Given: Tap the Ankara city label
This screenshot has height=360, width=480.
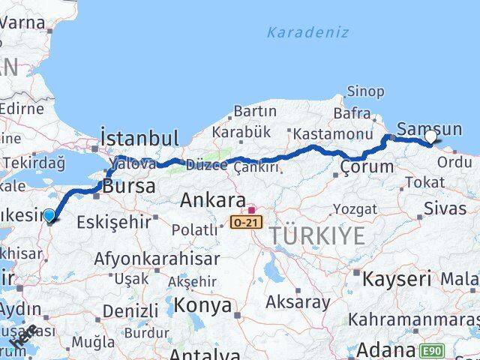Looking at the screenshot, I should point(213,202).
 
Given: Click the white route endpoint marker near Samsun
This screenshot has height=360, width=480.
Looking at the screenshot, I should point(431,136).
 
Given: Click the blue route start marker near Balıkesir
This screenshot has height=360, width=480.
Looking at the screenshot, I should point(49,216).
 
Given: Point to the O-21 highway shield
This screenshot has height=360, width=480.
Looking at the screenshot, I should point(247,222).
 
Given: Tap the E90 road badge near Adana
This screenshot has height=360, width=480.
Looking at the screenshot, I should point(432,350).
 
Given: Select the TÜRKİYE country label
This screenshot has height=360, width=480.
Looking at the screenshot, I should point(317,235).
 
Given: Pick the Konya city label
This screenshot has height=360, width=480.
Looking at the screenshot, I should point(202,305).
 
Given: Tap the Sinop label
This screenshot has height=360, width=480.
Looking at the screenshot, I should point(365,91).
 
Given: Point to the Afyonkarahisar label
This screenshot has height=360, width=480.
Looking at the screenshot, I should point(157,259).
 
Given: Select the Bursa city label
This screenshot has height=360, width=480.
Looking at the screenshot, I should point(130,185).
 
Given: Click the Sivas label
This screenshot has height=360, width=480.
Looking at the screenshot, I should point(445,208).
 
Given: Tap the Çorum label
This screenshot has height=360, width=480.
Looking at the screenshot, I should point(367,166).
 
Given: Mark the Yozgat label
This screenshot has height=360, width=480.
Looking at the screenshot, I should point(351,208).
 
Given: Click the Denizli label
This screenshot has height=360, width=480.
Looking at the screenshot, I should point(130,310).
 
